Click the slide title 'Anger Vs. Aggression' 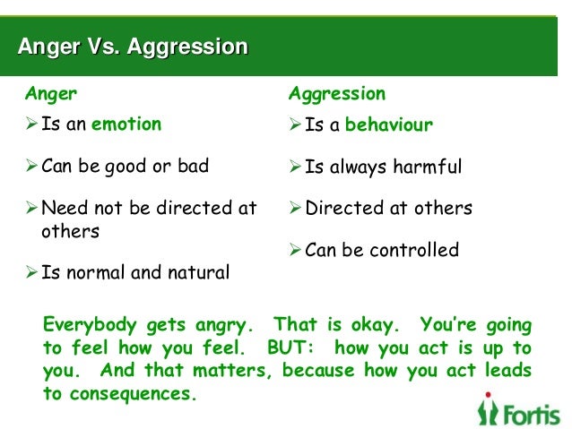pos(133,47)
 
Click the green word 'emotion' pos(126,124)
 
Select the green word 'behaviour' pos(388,125)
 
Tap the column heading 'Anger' pos(50,93)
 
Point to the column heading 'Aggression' pos(336,93)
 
